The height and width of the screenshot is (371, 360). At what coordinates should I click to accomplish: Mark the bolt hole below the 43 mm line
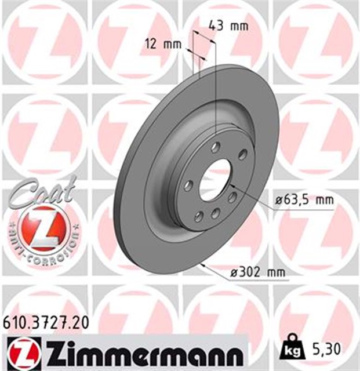(216, 147)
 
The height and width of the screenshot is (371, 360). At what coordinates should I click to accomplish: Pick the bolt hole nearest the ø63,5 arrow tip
(232, 197)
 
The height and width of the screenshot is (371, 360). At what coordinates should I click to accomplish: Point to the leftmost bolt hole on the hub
(188, 185)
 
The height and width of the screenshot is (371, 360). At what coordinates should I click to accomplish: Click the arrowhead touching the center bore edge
(231, 184)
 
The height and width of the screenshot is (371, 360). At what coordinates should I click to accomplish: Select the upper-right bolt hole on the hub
(242, 154)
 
